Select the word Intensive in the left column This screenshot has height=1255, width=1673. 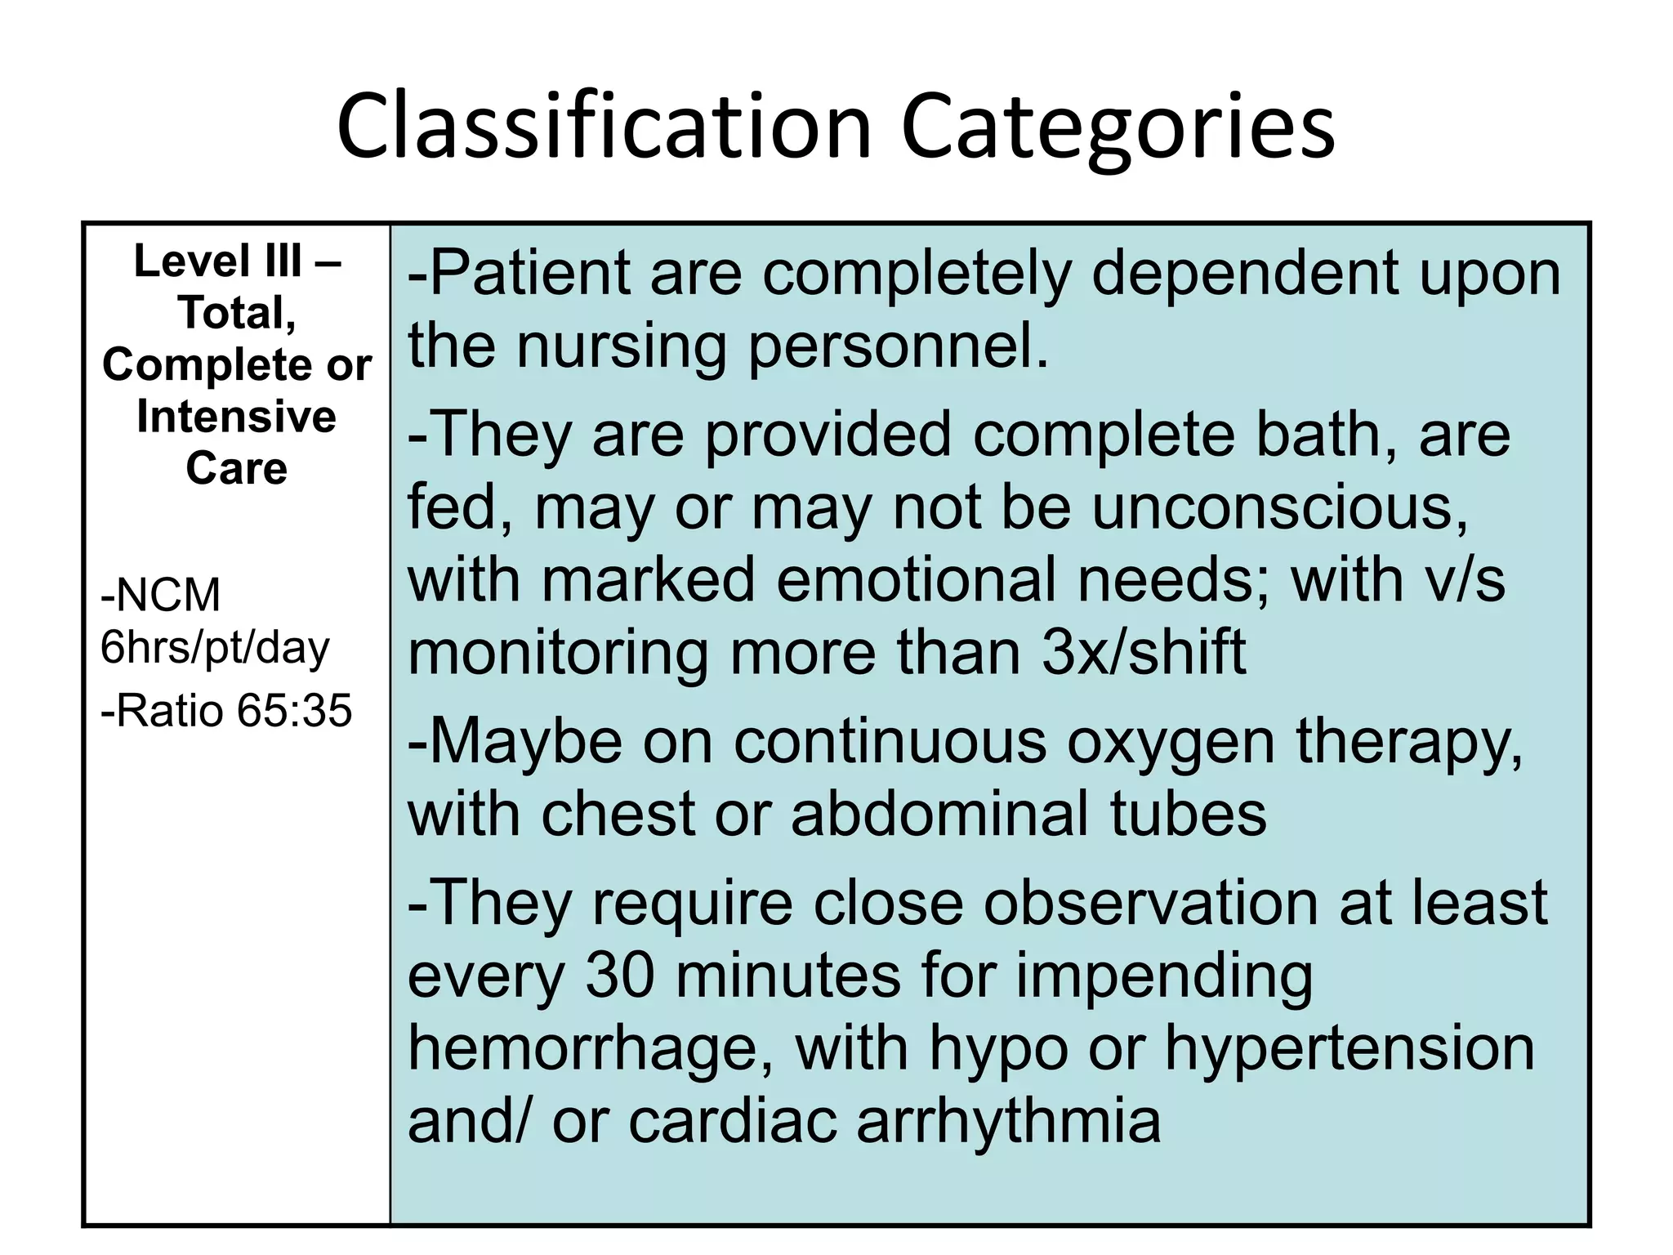tap(236, 417)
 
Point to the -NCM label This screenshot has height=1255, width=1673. tap(161, 595)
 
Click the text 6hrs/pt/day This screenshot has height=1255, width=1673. tap(214, 647)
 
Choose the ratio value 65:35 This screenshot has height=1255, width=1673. tap(295, 710)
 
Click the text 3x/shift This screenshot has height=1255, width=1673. tap(1144, 652)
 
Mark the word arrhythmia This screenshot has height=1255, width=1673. tap(1008, 1120)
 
